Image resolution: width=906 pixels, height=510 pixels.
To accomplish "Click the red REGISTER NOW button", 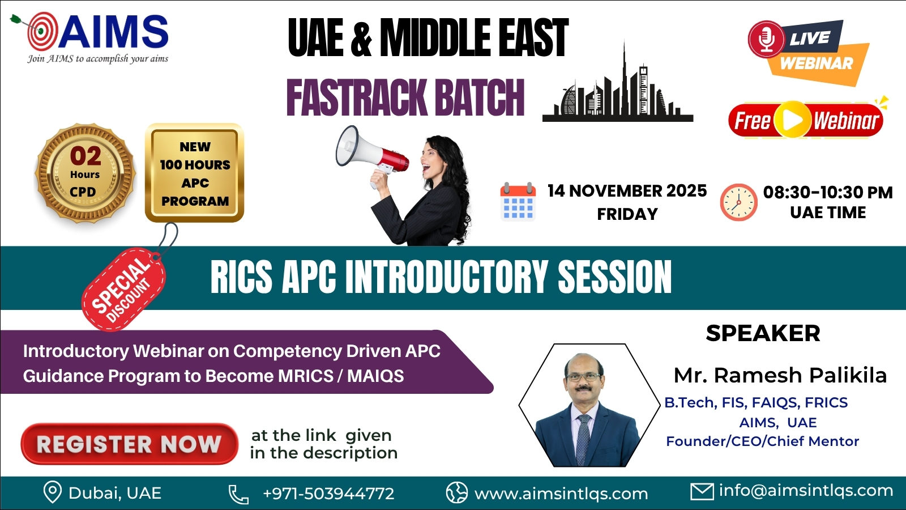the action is [x=129, y=444].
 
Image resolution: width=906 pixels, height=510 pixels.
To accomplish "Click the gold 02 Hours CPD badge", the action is [x=85, y=173].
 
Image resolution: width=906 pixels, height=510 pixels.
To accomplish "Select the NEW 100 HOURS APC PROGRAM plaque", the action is [x=195, y=173].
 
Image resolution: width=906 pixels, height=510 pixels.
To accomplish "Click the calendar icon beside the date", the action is [x=518, y=202].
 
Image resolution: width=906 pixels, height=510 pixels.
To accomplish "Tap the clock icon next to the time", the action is [x=738, y=202].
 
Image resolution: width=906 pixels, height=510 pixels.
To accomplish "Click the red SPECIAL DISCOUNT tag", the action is [x=124, y=289].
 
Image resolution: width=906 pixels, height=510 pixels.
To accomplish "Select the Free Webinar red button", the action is [x=805, y=120].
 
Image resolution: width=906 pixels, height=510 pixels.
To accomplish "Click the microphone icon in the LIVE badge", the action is [x=766, y=39].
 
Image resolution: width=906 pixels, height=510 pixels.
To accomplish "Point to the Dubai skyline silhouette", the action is [x=618, y=84].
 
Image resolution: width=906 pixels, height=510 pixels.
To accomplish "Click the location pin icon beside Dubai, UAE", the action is [x=53, y=492].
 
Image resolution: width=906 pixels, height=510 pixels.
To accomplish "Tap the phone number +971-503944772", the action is [x=328, y=494].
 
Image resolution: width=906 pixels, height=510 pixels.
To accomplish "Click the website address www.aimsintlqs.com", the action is [x=561, y=494].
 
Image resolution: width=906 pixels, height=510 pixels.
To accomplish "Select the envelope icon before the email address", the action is [x=702, y=492].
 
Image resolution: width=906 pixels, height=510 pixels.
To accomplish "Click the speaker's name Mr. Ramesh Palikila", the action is [x=780, y=376].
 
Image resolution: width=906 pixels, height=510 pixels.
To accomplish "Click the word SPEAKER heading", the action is [x=763, y=333].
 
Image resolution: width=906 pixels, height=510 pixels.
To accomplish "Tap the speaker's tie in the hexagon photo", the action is [x=583, y=439].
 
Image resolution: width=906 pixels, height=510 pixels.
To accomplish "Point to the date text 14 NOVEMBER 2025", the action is [x=627, y=190].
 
